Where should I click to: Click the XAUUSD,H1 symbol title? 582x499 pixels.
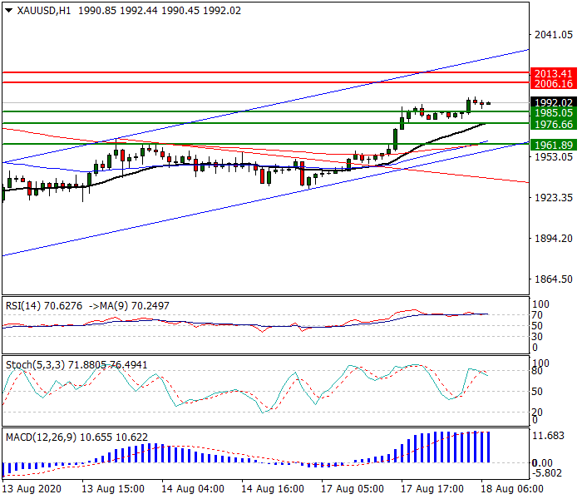37,10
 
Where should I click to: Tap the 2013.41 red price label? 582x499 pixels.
553,73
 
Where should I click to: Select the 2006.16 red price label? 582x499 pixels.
553,84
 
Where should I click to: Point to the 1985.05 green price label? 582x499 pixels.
553,112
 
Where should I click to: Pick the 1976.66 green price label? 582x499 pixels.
553,124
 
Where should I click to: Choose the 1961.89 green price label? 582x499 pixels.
553,144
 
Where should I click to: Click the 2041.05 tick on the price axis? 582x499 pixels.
553,34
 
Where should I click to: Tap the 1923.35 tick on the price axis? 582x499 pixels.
553,198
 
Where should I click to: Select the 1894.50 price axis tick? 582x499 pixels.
553,239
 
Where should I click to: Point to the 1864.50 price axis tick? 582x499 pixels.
553,279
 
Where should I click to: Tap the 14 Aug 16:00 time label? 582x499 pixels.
267,489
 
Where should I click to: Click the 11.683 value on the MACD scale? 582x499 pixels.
549,436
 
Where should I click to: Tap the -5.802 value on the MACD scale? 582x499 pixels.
549,473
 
